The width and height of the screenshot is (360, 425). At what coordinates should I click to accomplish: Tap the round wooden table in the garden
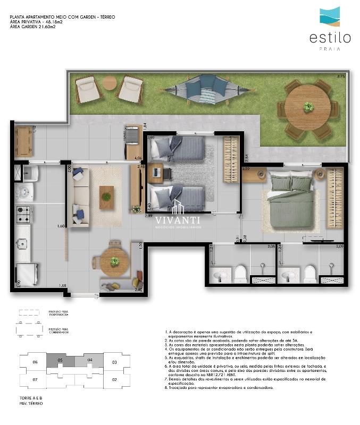click(308, 107)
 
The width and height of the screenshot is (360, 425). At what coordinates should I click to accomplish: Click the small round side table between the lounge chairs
click(110, 82)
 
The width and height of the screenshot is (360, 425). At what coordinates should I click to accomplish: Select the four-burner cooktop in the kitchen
click(24, 214)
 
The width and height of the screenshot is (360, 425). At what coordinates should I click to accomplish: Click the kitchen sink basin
click(23, 243)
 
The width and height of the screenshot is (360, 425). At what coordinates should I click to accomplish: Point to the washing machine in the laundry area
click(24, 191)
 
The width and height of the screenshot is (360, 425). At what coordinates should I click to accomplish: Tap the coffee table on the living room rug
click(106, 197)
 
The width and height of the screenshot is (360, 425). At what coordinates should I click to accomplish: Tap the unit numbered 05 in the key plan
click(60, 361)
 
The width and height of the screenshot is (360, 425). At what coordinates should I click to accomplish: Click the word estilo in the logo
click(330, 38)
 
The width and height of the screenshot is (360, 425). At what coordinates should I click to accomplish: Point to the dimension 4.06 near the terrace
click(138, 158)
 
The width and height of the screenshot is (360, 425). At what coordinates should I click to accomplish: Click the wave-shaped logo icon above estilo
click(330, 16)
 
